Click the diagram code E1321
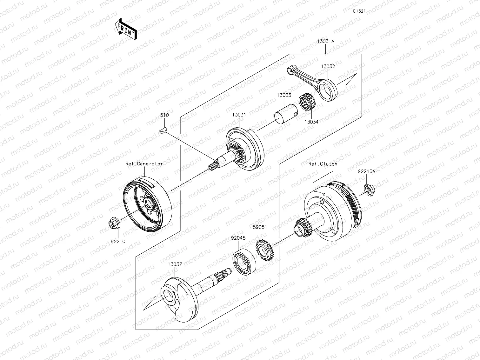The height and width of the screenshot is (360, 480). pyautogui.click(x=359, y=11)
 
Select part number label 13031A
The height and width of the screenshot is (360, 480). pyautogui.click(x=325, y=42)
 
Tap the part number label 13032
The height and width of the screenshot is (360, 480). pyautogui.click(x=328, y=67)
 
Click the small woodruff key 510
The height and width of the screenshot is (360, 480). pyautogui.click(x=162, y=130)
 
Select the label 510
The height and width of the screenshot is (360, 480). pyautogui.click(x=164, y=116)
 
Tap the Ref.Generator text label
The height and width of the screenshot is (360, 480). pyautogui.click(x=144, y=164)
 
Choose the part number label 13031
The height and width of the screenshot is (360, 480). pyautogui.click(x=239, y=115)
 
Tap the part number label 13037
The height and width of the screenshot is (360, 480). pyautogui.click(x=175, y=264)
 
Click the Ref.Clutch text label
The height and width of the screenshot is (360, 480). pyautogui.click(x=323, y=164)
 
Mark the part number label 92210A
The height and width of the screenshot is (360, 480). pyautogui.click(x=366, y=171)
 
